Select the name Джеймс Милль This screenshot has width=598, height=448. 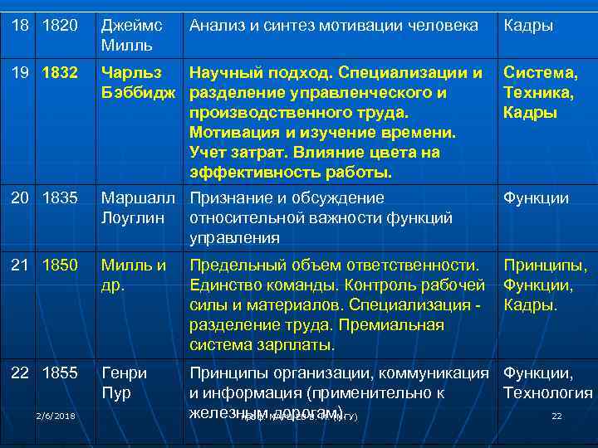(131, 34)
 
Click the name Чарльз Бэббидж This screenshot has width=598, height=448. (138, 82)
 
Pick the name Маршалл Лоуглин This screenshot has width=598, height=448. (138, 207)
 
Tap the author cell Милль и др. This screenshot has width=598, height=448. (134, 275)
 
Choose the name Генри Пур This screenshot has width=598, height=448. (124, 382)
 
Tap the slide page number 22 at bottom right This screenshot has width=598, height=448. (556, 416)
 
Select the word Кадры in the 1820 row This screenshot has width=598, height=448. (528, 27)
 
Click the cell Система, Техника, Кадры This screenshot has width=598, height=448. (541, 93)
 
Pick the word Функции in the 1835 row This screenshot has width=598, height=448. (536, 198)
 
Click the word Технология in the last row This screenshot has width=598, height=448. (548, 393)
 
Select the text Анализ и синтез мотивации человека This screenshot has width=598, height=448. (334, 27)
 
